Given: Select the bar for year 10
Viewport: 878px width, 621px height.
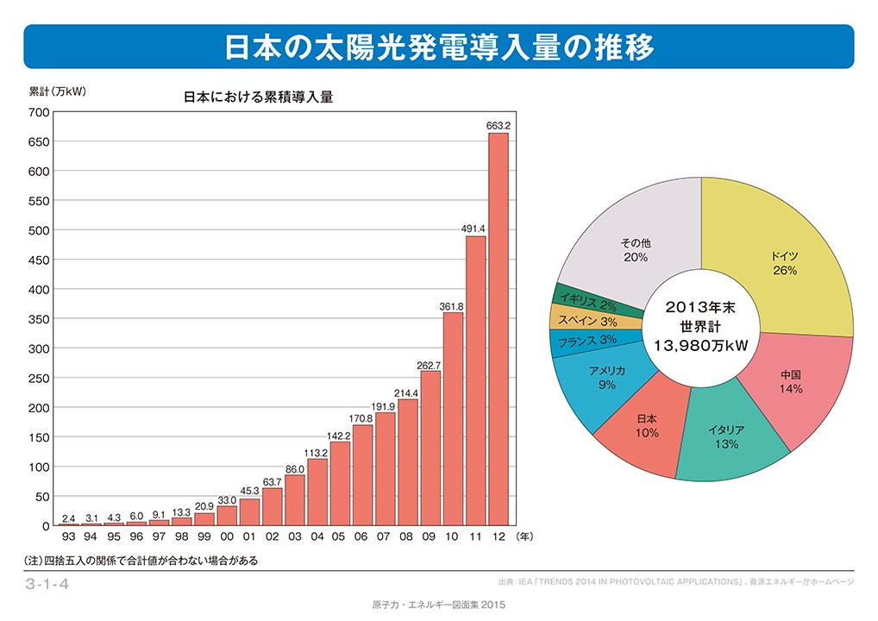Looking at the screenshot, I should (454, 418).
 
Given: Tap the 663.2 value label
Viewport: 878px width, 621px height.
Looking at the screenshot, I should (499, 126).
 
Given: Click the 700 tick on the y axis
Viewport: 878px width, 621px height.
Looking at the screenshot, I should (39, 112).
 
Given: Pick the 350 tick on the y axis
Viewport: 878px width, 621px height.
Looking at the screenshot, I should (39, 319).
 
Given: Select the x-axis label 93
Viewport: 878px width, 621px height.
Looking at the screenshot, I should (68, 536).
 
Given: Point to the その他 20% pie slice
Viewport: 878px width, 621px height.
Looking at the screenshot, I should (634, 246).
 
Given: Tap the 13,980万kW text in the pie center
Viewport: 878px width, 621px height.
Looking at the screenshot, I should (700, 346).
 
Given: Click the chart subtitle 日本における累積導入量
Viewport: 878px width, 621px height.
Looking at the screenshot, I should (258, 97).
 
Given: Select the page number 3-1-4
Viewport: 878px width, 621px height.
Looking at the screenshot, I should (47, 585).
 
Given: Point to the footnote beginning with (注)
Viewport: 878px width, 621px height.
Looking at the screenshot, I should (142, 561).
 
